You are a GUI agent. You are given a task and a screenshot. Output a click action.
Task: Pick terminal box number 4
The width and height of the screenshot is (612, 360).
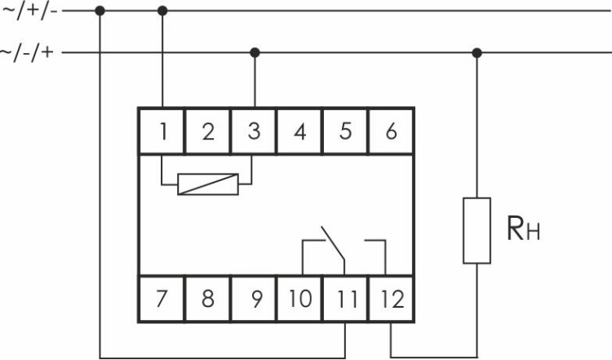pos(300,131)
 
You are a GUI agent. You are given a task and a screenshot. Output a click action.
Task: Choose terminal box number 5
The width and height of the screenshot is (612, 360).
pos(346,131)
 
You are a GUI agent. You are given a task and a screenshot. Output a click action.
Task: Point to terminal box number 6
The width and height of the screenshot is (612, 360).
pos(392,131)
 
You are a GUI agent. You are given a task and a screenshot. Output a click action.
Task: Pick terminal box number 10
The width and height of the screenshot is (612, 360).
pos(300,298)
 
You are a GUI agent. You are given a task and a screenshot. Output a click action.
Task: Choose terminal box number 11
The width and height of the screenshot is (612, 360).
pos(346,298)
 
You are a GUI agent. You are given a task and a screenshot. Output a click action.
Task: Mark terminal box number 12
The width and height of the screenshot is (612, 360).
pos(392,298)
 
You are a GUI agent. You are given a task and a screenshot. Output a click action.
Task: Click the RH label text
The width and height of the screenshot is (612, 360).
pos(523,230)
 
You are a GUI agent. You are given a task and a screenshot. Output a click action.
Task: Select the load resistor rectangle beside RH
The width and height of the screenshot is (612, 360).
pos(477,230)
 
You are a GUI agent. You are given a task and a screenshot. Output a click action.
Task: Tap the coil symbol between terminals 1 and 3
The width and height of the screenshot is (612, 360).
pos(209,184)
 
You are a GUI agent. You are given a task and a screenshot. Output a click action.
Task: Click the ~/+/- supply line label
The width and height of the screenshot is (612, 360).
pos(29,11)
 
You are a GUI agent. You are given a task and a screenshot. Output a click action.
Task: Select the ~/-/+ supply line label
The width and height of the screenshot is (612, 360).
pos(29,53)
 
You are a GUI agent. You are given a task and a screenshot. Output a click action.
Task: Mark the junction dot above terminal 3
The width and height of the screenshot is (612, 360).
pos(255,53)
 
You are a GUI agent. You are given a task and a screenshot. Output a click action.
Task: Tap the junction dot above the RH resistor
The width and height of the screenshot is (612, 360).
pos(477,53)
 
